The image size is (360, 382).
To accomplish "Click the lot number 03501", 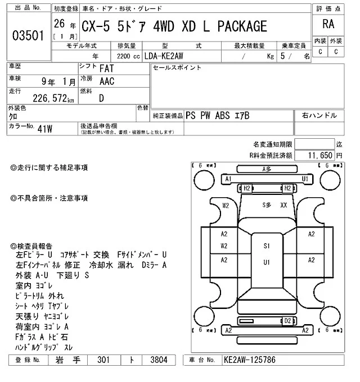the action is click(28, 37).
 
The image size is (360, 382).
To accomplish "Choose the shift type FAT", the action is click(105, 69).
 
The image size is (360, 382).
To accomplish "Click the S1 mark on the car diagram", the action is click(267, 245).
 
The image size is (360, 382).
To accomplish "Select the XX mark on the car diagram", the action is click(284, 206).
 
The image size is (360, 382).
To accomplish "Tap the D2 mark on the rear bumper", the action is click(287, 321).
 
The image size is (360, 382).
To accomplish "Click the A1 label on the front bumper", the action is click(228, 179).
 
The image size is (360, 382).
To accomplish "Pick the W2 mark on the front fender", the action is click(225, 206).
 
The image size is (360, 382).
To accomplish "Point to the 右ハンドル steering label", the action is click(319, 116).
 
